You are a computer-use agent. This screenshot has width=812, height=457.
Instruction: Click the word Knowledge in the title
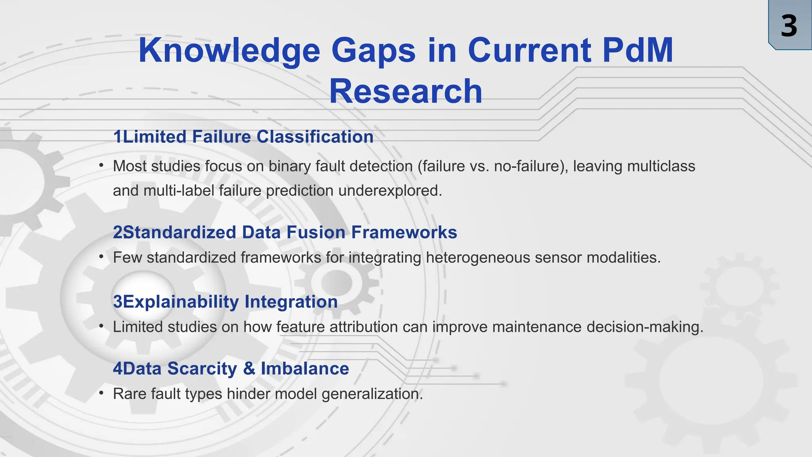click(x=229, y=50)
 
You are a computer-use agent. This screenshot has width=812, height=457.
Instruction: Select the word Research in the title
click(x=406, y=92)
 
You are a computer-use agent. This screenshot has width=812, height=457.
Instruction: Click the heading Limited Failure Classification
click(x=243, y=137)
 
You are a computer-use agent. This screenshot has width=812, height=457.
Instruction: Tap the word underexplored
click(x=390, y=191)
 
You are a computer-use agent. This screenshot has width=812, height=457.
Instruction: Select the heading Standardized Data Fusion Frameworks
click(x=285, y=232)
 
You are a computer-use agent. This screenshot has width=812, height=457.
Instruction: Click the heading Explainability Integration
click(x=225, y=302)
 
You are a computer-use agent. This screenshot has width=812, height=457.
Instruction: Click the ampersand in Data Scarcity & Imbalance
click(x=249, y=369)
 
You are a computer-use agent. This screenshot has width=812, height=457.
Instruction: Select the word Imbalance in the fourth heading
click(x=304, y=369)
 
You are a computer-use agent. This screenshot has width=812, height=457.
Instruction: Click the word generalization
click(x=372, y=394)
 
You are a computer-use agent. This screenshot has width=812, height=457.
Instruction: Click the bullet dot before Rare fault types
click(x=101, y=393)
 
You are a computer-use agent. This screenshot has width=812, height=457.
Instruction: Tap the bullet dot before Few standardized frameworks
click(x=101, y=257)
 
